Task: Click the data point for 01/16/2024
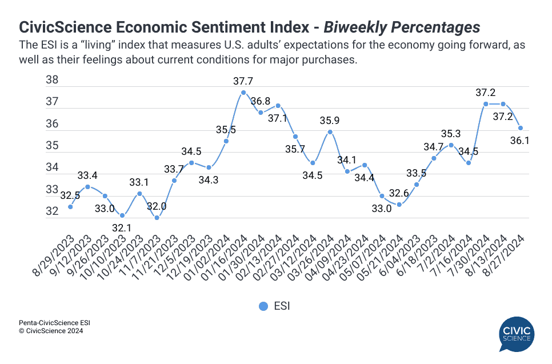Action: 243,93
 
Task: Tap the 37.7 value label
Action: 244,81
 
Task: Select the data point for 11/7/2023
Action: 157,218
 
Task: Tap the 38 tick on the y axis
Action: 52,81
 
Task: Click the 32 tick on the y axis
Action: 52,211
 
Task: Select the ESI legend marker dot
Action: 263,306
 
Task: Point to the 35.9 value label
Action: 330,120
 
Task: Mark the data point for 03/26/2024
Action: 330,132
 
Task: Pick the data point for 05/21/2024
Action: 399,205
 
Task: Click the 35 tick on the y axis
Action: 52,146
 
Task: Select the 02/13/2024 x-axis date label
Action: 263,251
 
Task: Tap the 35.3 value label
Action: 451,134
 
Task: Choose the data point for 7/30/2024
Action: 486,104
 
